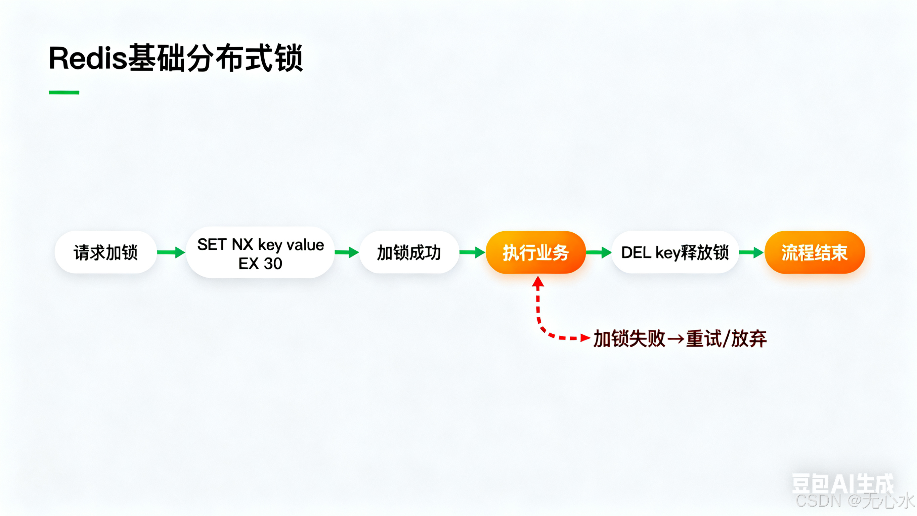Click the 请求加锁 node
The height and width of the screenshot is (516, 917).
click(x=105, y=252)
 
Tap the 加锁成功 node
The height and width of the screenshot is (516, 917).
click(x=409, y=252)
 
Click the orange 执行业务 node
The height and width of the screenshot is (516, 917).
click(x=536, y=252)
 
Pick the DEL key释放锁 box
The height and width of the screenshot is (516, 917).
click(x=675, y=252)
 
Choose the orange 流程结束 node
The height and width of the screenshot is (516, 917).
click(x=815, y=252)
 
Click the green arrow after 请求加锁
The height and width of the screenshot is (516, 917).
click(x=171, y=252)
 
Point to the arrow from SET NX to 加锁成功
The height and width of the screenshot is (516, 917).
click(x=347, y=252)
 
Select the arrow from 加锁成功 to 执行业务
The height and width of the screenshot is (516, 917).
click(x=472, y=252)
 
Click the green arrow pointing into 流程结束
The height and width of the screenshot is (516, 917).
click(x=751, y=252)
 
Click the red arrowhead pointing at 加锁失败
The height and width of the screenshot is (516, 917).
click(x=585, y=338)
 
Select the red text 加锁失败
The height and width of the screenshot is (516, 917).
click(x=629, y=339)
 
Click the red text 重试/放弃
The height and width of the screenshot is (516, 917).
click(x=726, y=339)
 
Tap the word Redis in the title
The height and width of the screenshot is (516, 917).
click(x=88, y=58)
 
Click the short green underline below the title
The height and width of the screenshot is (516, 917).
click(x=64, y=92)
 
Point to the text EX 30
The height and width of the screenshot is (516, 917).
click(x=260, y=264)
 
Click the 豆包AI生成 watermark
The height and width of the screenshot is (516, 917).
click(x=842, y=484)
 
